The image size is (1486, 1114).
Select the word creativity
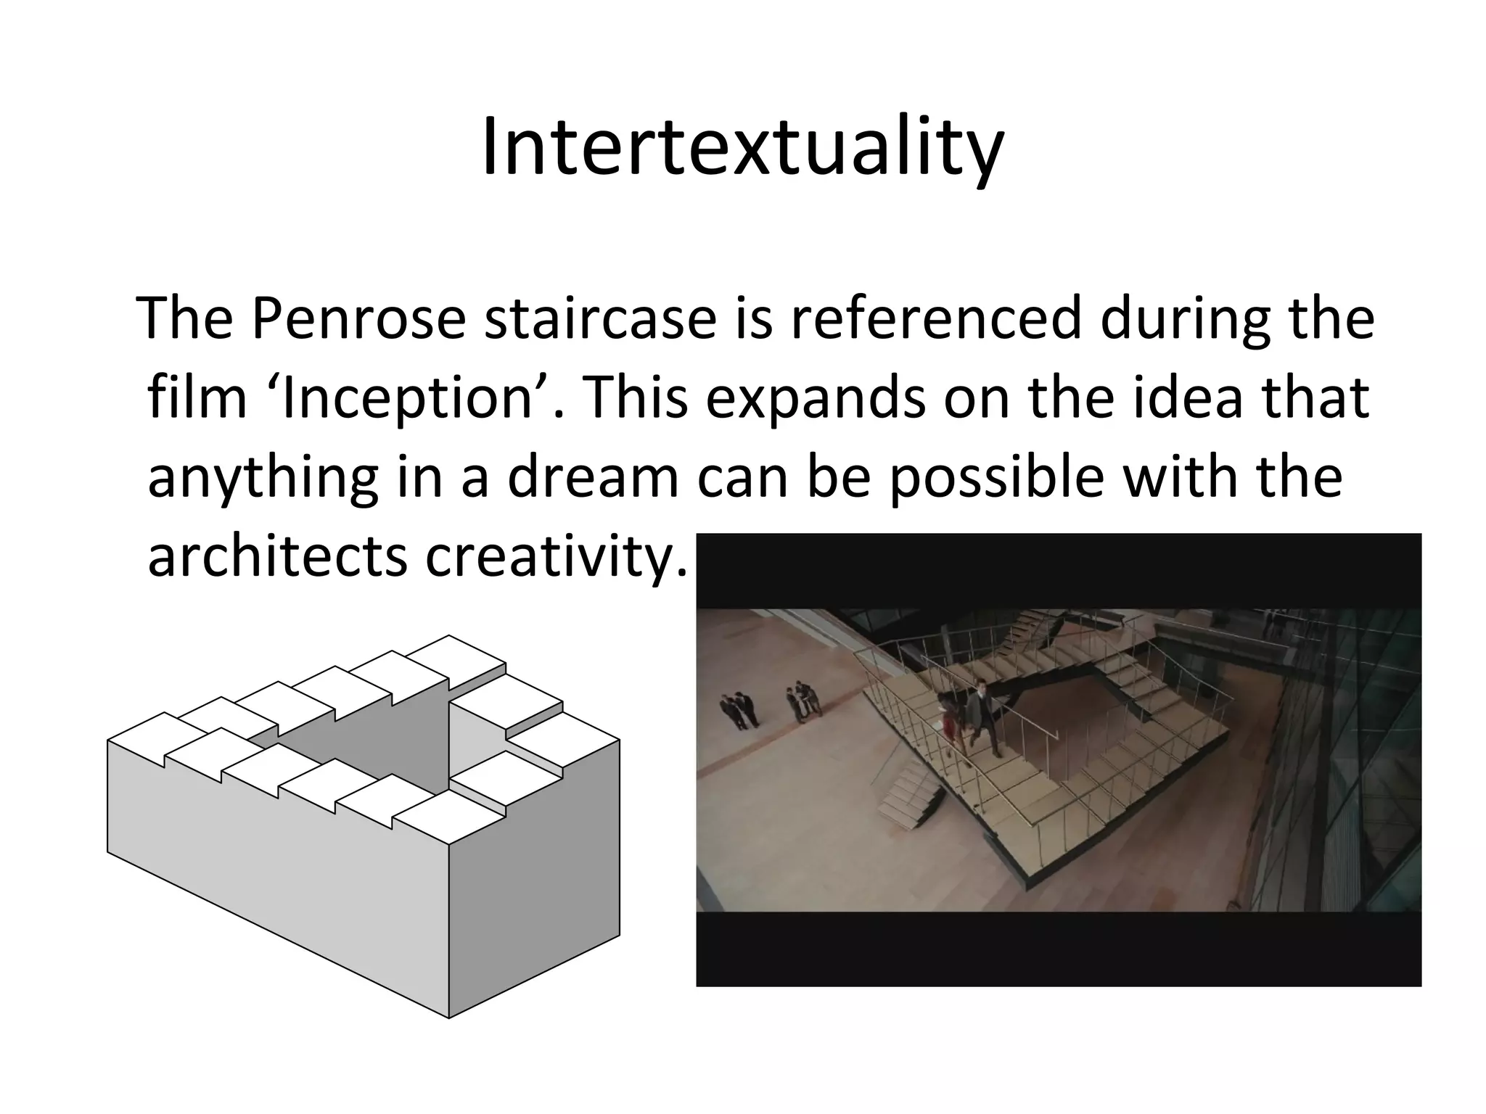pos(555,558)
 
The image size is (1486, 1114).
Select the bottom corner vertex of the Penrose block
pos(448,1018)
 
